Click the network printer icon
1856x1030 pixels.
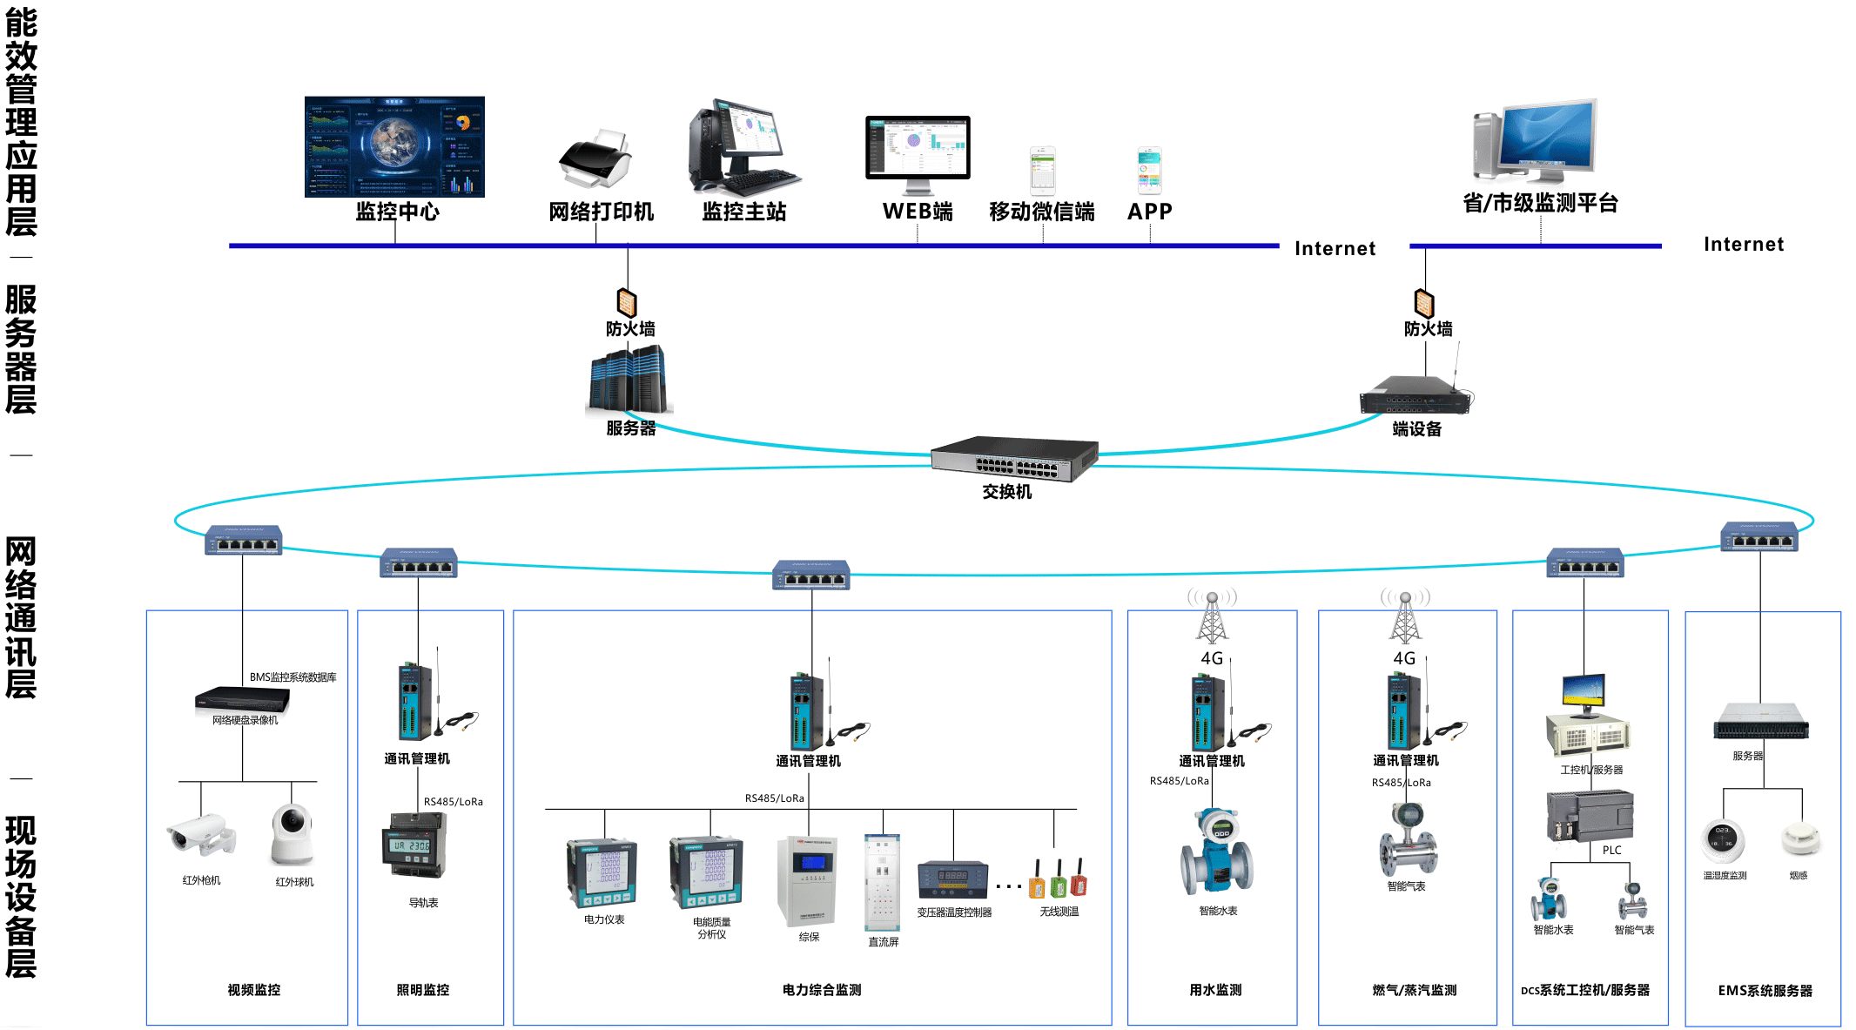click(595, 160)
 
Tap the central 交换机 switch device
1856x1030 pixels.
click(1013, 458)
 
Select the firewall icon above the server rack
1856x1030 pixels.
click(627, 302)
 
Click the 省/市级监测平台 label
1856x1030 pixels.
click(1540, 204)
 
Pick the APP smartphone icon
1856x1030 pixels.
click(1149, 171)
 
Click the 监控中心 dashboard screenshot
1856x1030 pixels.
click(394, 146)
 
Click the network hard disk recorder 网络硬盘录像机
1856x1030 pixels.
click(242, 699)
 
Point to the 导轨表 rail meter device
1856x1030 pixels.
click(414, 845)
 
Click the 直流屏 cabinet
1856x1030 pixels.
click(882, 882)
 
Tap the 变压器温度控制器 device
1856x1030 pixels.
click(953, 880)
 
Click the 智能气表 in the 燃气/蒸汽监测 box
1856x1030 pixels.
click(1407, 839)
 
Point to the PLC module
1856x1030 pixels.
click(1590, 815)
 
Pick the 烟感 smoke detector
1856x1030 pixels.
click(1799, 839)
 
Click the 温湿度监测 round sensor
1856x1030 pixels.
click(1723, 840)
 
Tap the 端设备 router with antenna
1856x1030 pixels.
click(1416, 396)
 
